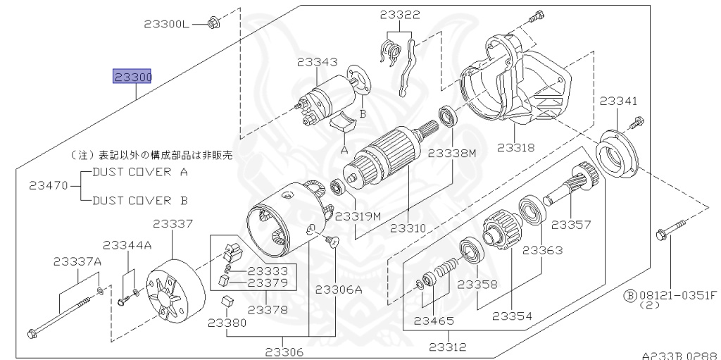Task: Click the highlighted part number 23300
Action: coord(133,76)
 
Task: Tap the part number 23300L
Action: coord(167,24)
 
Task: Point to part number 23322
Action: coord(400,14)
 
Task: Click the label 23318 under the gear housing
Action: coord(515,148)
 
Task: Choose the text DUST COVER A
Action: coord(139,172)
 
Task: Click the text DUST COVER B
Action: coord(139,201)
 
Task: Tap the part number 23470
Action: coord(49,186)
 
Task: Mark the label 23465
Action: coord(432,321)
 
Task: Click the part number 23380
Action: coord(227,323)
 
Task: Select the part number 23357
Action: coord(570,225)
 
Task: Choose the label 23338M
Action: coord(451,152)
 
